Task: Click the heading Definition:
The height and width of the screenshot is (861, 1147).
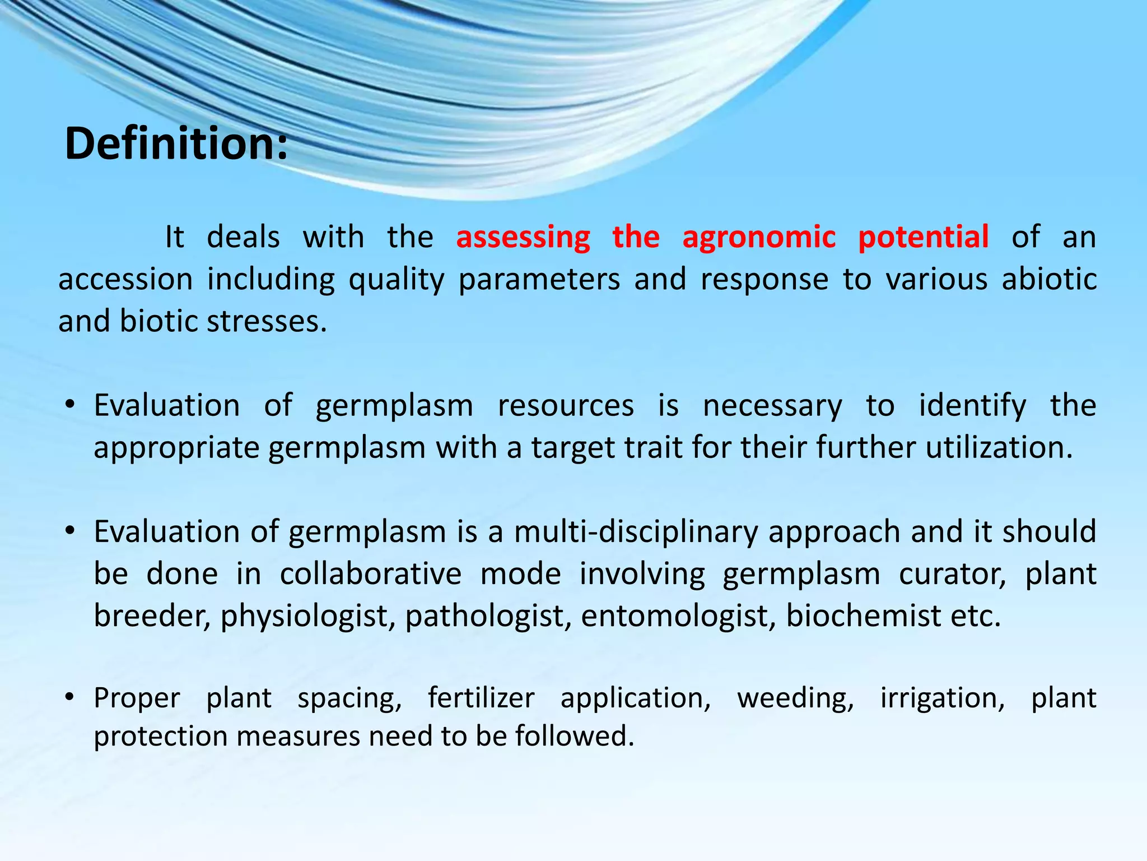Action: click(176, 143)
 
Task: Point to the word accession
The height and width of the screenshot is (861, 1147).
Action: click(125, 279)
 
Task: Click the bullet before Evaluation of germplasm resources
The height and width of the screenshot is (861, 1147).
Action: click(69, 405)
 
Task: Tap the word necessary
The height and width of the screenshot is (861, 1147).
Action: click(772, 406)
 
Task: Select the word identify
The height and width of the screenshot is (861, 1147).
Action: click(973, 406)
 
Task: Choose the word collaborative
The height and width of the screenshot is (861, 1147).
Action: click(371, 574)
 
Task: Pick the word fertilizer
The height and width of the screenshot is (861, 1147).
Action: click(481, 698)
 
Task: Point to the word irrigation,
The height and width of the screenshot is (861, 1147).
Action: click(943, 698)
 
